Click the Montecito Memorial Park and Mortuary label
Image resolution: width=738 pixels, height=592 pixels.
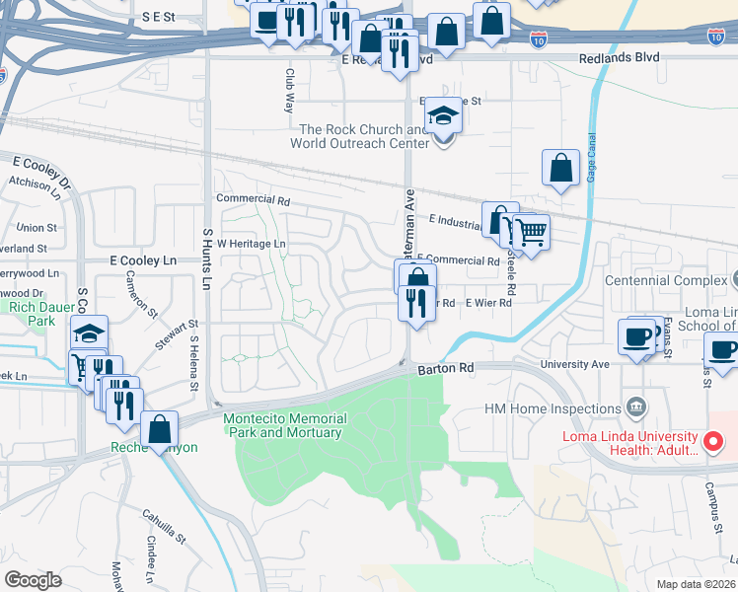point(282,425)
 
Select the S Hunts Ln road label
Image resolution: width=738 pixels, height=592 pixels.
point(207,259)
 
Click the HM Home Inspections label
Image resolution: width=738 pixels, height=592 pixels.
point(549,408)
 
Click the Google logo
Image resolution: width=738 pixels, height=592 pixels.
point(34,580)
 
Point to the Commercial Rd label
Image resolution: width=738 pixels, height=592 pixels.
point(254,199)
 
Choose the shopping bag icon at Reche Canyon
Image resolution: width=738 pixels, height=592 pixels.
point(158,428)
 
